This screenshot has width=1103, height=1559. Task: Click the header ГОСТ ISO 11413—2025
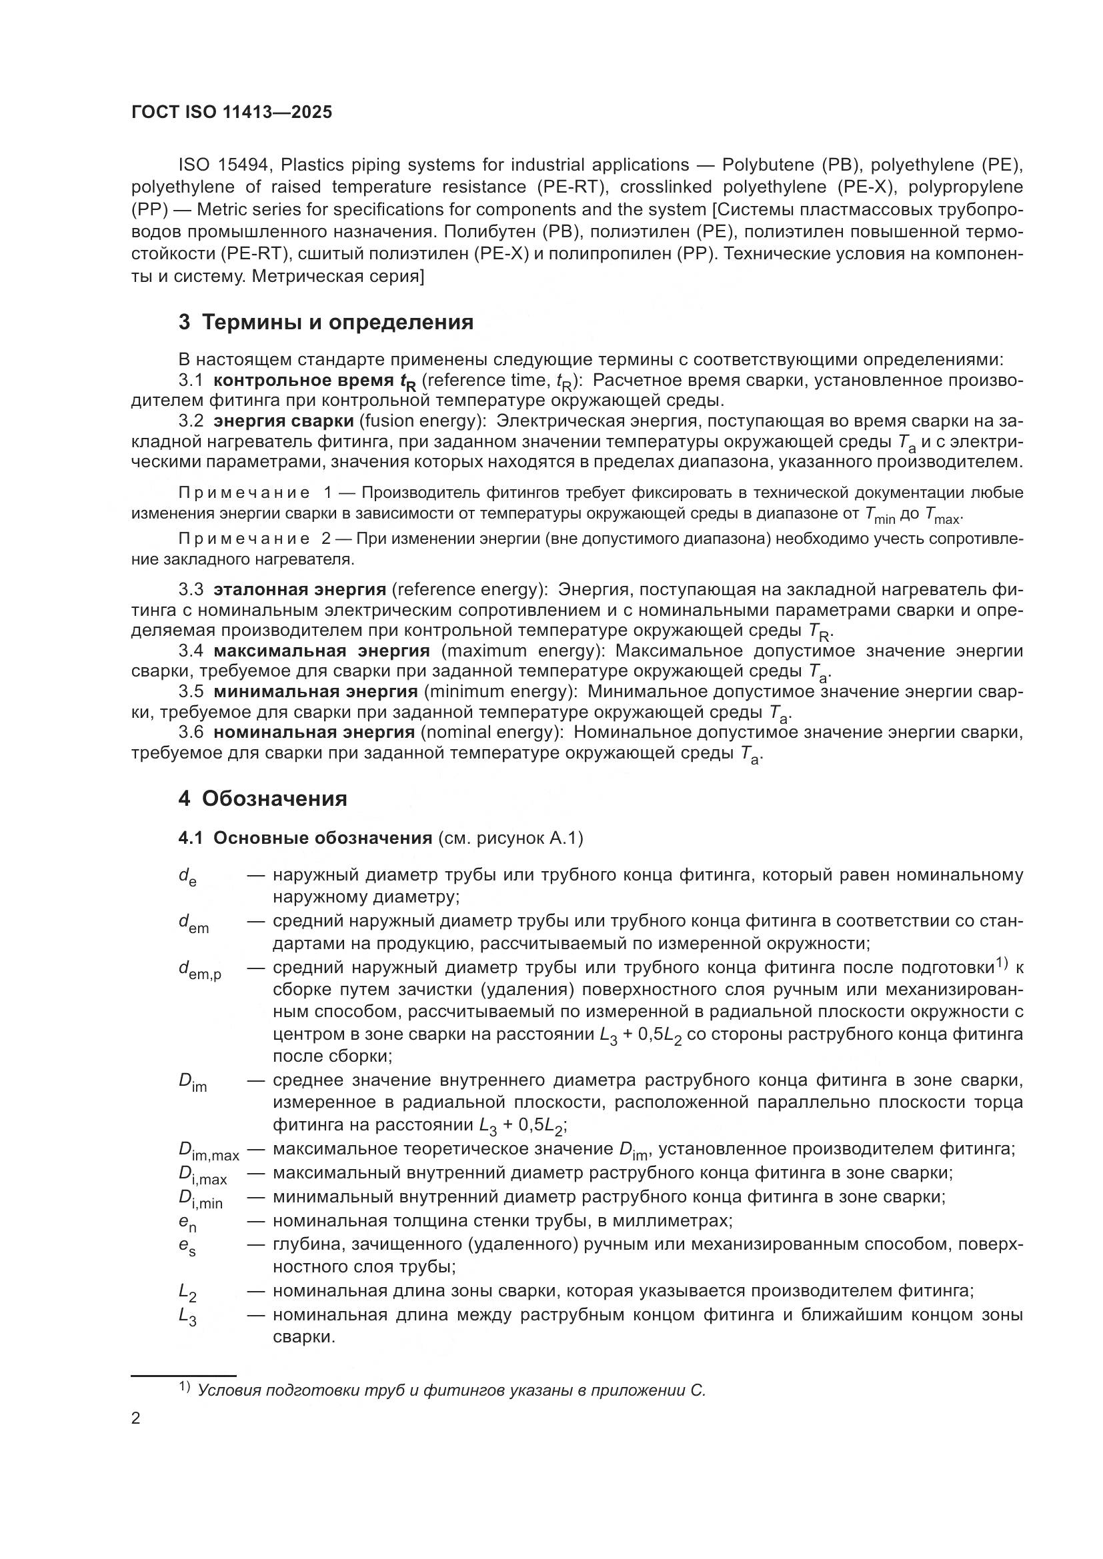pyautogui.click(x=231, y=113)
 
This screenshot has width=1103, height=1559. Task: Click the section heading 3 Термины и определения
pyautogui.click(x=326, y=322)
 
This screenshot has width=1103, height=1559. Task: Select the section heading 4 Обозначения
pyautogui.click(x=263, y=798)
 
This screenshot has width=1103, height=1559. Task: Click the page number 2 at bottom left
pyautogui.click(x=136, y=1418)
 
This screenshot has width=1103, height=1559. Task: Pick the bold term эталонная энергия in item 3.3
pyautogui.click(x=299, y=589)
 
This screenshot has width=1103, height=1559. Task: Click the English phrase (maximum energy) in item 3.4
pyautogui.click(x=521, y=651)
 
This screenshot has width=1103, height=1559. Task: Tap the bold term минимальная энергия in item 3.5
pyautogui.click(x=315, y=692)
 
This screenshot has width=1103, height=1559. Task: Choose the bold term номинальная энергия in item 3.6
pyautogui.click(x=314, y=733)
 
